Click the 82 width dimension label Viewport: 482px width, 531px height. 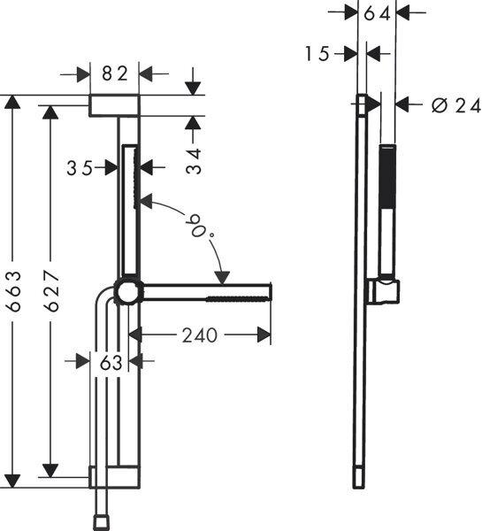116,73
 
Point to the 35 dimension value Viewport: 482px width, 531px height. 80,168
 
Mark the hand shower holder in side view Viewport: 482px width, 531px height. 387,289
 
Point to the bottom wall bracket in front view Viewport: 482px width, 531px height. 114,478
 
